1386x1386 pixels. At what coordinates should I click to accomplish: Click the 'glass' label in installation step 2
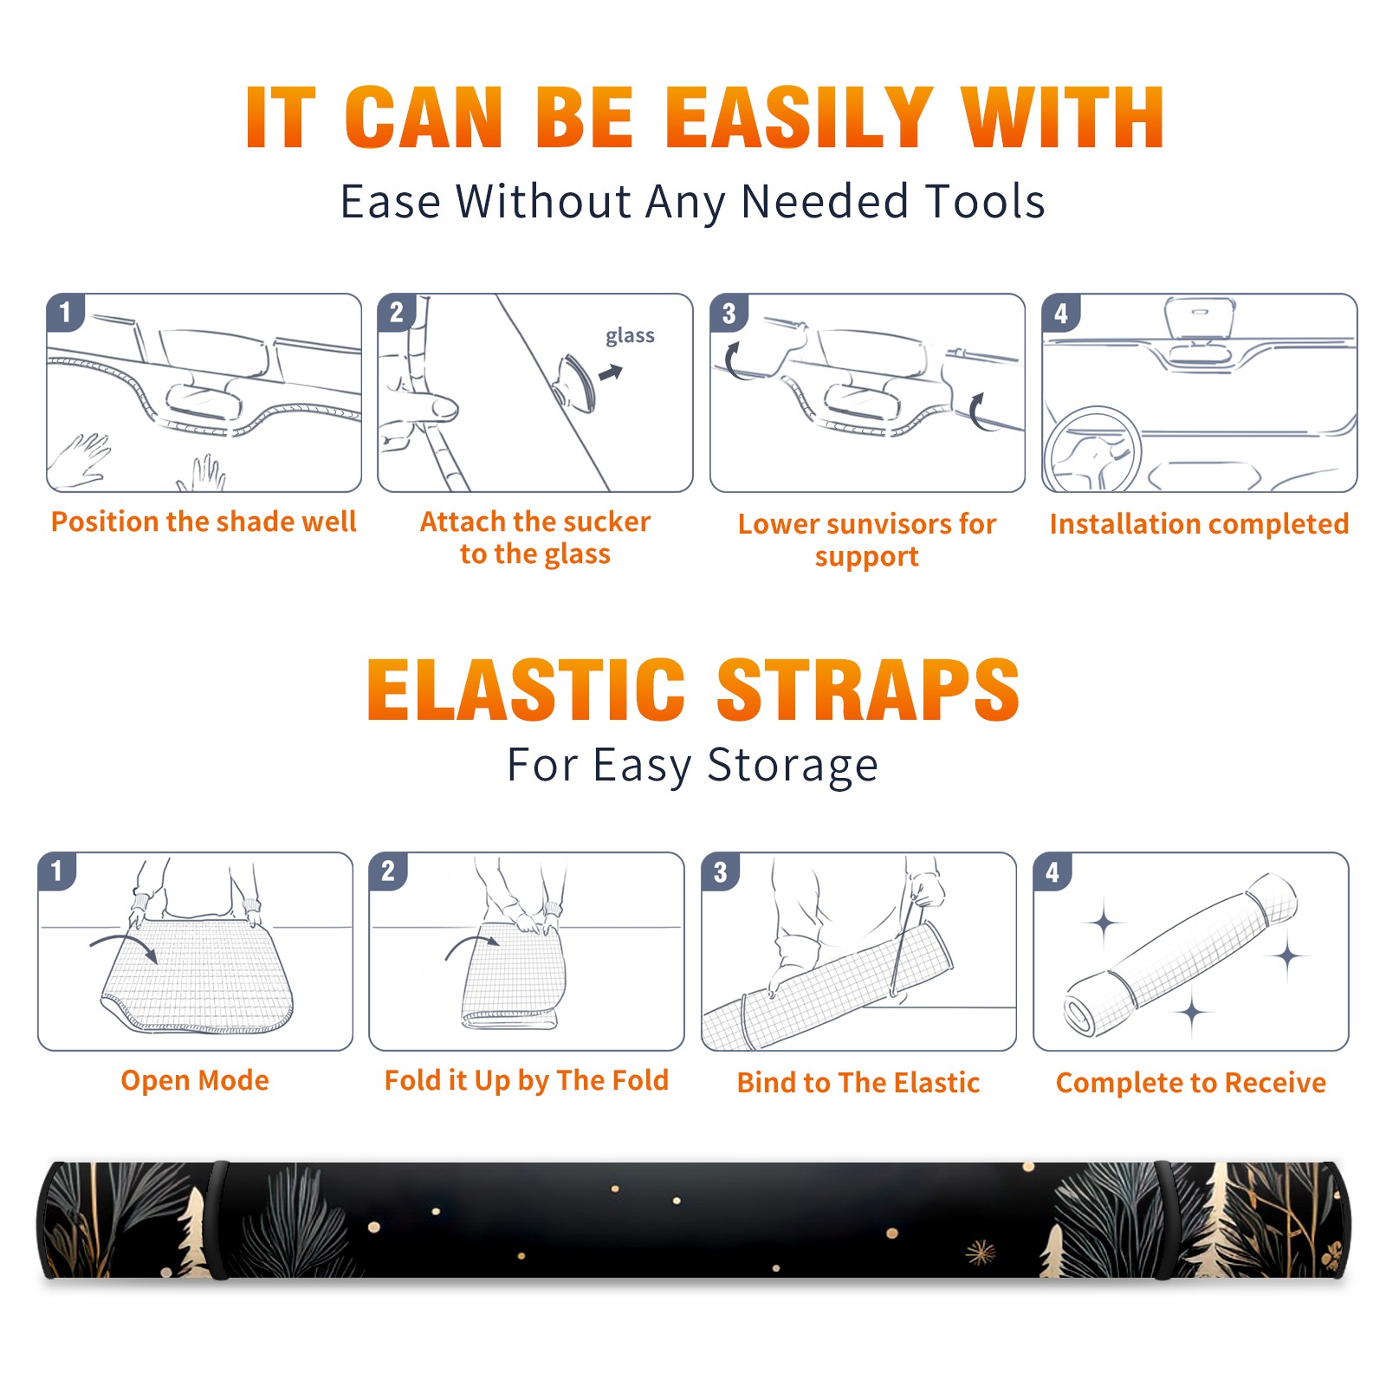pos(630,336)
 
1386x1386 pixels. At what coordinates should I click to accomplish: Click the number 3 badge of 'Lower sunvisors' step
pos(728,313)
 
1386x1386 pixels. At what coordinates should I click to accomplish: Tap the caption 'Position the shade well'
pos(204,521)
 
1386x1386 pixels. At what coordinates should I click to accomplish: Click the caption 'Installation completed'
pos(1199,523)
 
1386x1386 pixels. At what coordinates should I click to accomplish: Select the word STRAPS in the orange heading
pos(868,690)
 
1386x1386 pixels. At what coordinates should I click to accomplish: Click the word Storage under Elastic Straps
pos(793,766)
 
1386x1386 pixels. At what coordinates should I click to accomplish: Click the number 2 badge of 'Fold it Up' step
pos(387,871)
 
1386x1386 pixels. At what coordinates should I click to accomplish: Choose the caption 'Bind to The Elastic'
pos(858,1083)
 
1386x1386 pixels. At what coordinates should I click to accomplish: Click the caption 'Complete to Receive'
pos(1190,1083)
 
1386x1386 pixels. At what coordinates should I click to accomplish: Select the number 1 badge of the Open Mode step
pos(56,871)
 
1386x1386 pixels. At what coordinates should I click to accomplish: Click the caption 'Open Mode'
pos(195,1080)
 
